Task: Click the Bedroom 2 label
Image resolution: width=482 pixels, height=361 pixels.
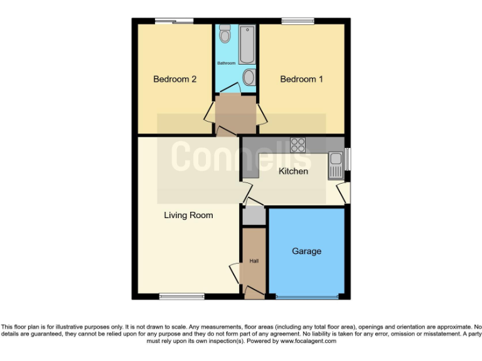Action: pos(175,80)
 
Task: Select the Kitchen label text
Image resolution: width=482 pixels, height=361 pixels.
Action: pos(293,171)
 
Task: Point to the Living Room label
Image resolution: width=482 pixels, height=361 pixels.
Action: pos(188,216)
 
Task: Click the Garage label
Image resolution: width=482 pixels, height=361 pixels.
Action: pos(306,251)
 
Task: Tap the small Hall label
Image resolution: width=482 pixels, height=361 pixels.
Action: pos(254,261)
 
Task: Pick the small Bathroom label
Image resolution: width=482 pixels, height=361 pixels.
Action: pos(227,63)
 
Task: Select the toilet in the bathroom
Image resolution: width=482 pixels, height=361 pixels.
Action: pos(225,36)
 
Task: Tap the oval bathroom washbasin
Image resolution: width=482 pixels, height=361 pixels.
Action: pos(249,78)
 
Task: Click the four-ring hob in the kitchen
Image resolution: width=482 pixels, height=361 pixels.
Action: pos(297,145)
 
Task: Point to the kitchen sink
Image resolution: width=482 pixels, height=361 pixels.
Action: pos(335,164)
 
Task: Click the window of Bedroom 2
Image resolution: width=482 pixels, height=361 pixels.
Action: pos(174,22)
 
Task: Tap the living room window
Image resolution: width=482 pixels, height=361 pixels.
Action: pos(181,296)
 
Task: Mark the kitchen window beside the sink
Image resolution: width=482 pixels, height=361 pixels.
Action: pos(348,159)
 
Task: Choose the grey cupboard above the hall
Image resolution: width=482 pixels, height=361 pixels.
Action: pos(254,216)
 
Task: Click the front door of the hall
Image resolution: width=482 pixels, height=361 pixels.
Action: pos(254,292)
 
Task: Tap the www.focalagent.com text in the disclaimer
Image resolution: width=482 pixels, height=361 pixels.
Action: pos(308,342)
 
